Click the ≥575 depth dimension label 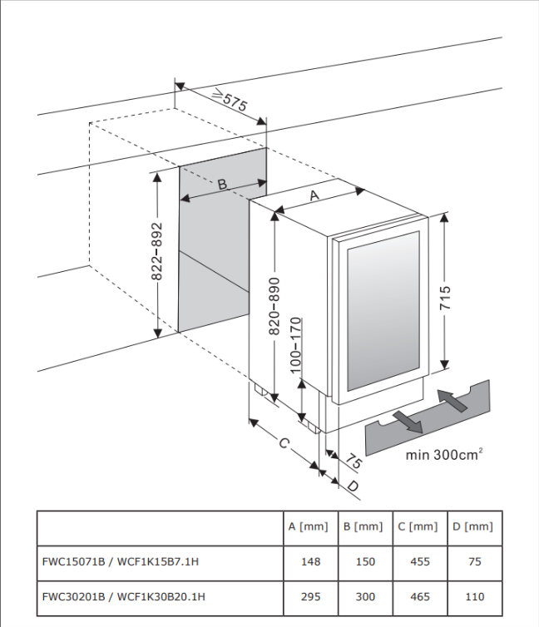pyautogui.click(x=230, y=99)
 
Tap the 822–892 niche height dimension pyautogui.click(x=156, y=251)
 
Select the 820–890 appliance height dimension pyautogui.click(x=274, y=306)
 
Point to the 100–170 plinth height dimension pyautogui.click(x=295, y=345)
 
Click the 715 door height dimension pyautogui.click(x=445, y=298)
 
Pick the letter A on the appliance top pyautogui.click(x=314, y=195)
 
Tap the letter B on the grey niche pyautogui.click(x=222, y=184)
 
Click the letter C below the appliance pyautogui.click(x=284, y=443)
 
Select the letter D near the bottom pyautogui.click(x=353, y=486)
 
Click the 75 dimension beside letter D pyautogui.click(x=353, y=461)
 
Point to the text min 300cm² pyautogui.click(x=444, y=455)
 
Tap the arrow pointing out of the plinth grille pyautogui.click(x=408, y=422)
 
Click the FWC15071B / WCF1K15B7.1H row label pyautogui.click(x=121, y=561)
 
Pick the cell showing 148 pyautogui.click(x=311, y=561)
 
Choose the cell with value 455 pyautogui.click(x=420, y=561)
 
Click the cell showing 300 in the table pyautogui.click(x=365, y=596)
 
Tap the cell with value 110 pyautogui.click(x=475, y=596)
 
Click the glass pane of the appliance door pyautogui.click(x=383, y=311)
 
